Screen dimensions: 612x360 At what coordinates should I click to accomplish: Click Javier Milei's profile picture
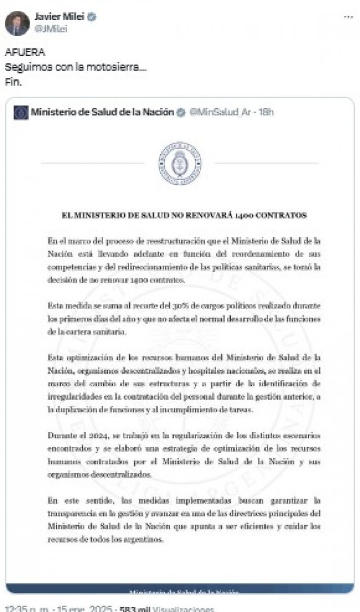(x=17, y=23)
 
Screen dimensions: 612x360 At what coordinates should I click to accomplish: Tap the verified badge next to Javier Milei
(x=92, y=17)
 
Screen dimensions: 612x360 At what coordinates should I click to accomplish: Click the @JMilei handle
(x=51, y=29)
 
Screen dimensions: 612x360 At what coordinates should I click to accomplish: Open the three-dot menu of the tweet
(x=348, y=17)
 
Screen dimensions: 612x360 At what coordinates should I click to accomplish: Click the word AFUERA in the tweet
(x=25, y=53)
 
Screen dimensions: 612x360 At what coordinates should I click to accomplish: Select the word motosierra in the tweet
(x=117, y=67)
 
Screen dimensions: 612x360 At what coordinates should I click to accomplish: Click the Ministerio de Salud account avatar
(x=21, y=112)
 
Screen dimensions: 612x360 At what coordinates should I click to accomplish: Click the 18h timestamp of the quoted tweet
(x=266, y=112)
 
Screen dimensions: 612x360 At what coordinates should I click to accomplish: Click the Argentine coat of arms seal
(x=180, y=163)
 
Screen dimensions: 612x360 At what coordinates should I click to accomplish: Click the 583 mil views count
(x=135, y=609)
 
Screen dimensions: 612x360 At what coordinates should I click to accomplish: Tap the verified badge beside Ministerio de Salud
(x=181, y=112)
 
